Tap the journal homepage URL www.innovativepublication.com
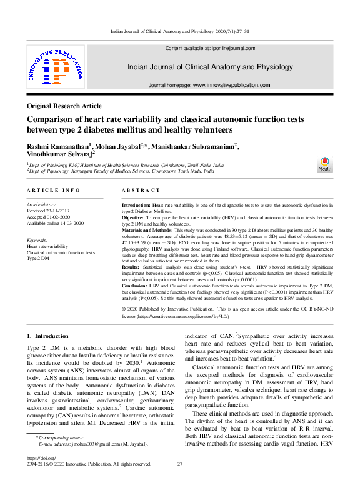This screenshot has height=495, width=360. [231, 85]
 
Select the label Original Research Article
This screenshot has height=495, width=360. [64, 106]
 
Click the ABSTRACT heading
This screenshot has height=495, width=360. [141, 190]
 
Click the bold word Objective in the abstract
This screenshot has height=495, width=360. [133, 217]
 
